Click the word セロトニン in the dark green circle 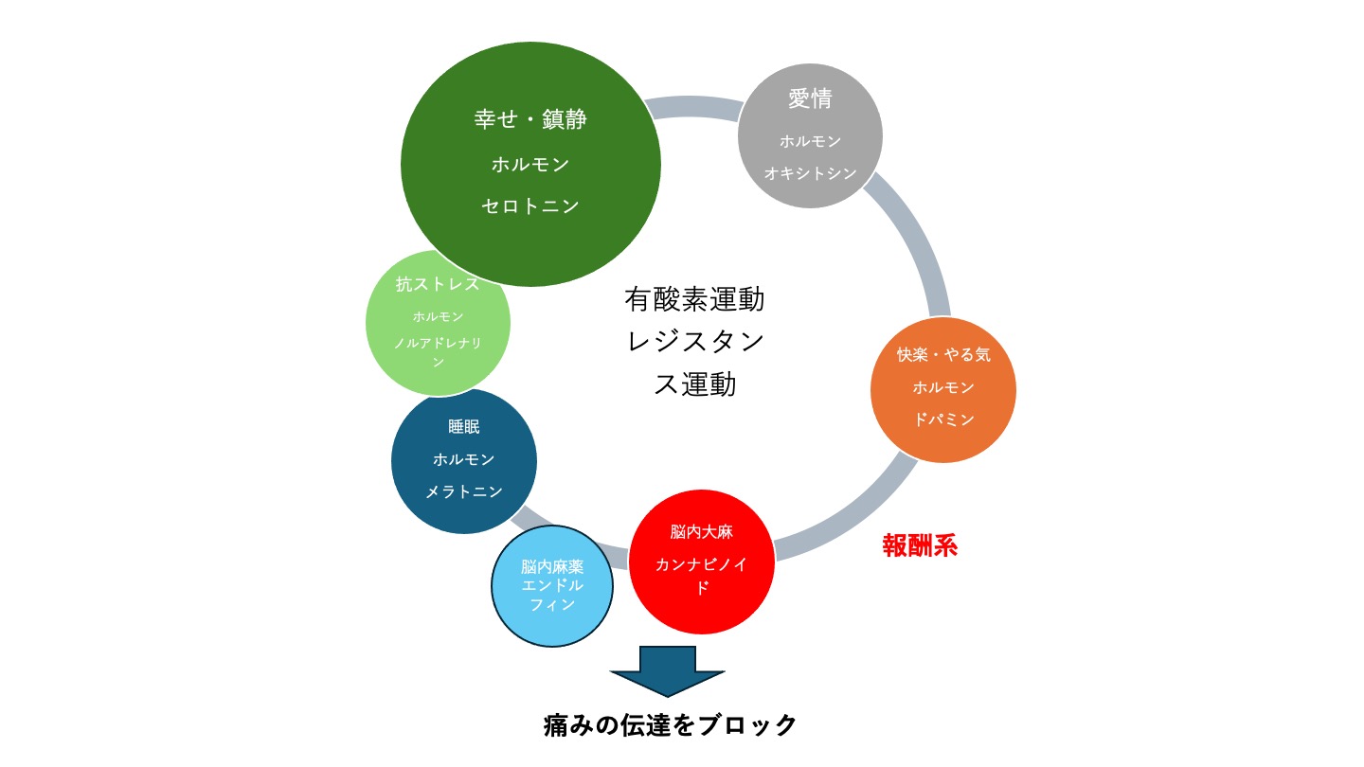(530, 206)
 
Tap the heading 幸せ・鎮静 (530, 119)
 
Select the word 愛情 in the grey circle (810, 98)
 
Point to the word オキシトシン (810, 173)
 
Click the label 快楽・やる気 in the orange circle (943, 355)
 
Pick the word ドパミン (943, 419)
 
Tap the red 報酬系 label (920, 546)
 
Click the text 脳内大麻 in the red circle (702, 532)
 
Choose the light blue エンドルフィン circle (552, 586)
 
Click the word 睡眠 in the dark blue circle (464, 427)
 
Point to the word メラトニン (464, 492)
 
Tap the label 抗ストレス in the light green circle (438, 284)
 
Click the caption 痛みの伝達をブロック (671, 725)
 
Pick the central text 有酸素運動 (694, 299)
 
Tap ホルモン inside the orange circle (943, 387)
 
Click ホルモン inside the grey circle (810, 141)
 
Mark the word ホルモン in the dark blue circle (464, 459)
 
